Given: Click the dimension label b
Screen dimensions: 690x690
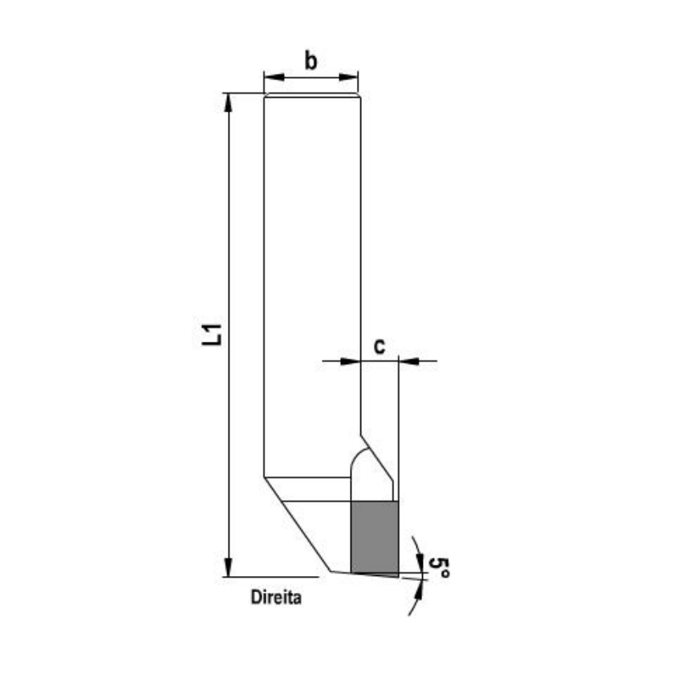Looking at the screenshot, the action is coord(310,61).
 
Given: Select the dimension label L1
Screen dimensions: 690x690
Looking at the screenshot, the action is coord(212,335).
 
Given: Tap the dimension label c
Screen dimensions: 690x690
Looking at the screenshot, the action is coord(379,347).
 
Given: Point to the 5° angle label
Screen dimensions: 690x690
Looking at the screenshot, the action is coord(439,568).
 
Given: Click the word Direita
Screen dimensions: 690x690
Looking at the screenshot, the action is coord(276,597).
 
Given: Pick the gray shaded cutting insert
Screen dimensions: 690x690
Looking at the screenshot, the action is coord(375,538).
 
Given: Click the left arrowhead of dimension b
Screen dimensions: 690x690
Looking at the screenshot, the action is coord(274,78).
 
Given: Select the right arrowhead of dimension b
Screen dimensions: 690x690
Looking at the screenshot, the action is coord(348,78).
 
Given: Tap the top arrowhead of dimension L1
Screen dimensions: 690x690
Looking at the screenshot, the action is coord(228,103).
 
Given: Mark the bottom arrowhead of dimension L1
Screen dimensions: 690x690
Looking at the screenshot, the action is coord(228,566).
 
